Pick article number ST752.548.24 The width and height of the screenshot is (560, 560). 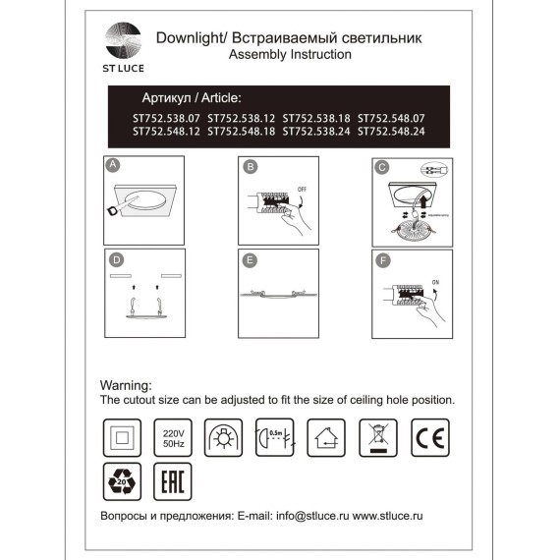click(391, 130)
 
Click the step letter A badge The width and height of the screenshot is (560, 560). click(113, 166)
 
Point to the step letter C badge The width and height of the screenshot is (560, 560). click(381, 167)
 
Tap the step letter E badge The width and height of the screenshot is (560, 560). click(250, 260)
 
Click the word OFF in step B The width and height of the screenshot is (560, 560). click(301, 187)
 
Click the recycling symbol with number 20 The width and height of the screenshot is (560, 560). click(119, 481)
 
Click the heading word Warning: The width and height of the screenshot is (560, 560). click(126, 386)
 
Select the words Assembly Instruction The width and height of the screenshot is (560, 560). click(289, 56)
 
